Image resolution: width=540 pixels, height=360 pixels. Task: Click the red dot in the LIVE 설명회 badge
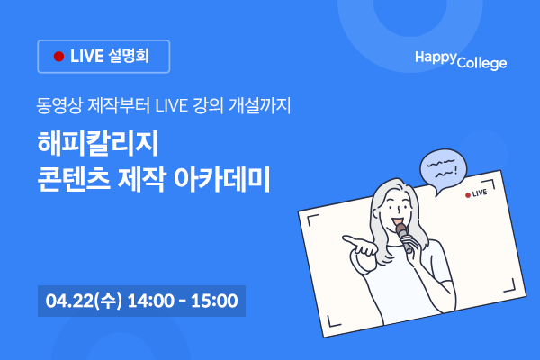click(x=58, y=57)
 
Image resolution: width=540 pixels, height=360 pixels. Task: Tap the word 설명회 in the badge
click(x=129, y=56)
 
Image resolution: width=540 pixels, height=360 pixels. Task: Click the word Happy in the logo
click(x=436, y=58)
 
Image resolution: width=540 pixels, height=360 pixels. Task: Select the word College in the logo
click(x=482, y=63)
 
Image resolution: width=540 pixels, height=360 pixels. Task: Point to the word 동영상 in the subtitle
click(x=59, y=105)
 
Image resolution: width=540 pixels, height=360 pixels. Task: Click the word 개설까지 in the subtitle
click(x=260, y=105)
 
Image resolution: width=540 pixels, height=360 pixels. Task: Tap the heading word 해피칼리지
click(x=98, y=143)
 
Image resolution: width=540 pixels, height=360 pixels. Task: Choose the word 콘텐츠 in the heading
click(x=74, y=179)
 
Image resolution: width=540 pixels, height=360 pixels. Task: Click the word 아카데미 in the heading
click(x=221, y=179)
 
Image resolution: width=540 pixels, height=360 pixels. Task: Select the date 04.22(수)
click(x=84, y=301)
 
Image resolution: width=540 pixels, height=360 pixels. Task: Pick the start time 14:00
click(x=151, y=301)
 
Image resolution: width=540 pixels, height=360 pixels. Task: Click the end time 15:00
click(x=214, y=301)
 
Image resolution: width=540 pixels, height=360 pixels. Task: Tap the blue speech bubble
click(x=443, y=170)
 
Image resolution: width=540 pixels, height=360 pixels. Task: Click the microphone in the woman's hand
click(x=404, y=237)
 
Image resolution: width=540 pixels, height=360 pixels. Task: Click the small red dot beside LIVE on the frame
click(x=468, y=195)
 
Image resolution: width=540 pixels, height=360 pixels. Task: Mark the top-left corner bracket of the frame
click(x=312, y=220)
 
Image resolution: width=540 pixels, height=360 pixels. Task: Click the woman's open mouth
click(x=397, y=220)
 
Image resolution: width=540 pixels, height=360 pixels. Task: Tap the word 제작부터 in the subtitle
click(x=119, y=105)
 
